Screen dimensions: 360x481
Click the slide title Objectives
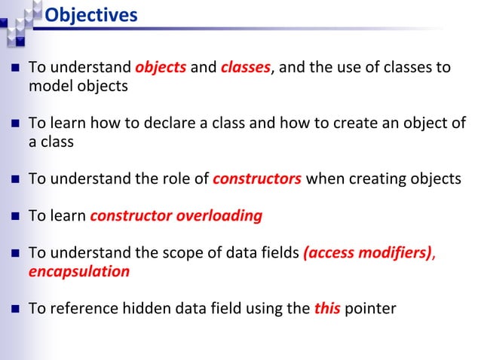tap(90, 14)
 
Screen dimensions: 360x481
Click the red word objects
tap(161, 68)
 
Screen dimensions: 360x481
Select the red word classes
tap(245, 68)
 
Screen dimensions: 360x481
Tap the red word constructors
tap(257, 179)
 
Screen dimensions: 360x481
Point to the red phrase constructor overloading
tap(176, 216)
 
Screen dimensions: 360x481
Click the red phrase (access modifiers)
tap(367, 253)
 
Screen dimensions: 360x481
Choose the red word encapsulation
tap(78, 271)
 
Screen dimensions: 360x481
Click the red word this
tap(326, 308)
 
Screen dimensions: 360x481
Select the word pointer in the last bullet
tap(369, 308)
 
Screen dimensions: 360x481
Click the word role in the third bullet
tap(177, 179)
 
